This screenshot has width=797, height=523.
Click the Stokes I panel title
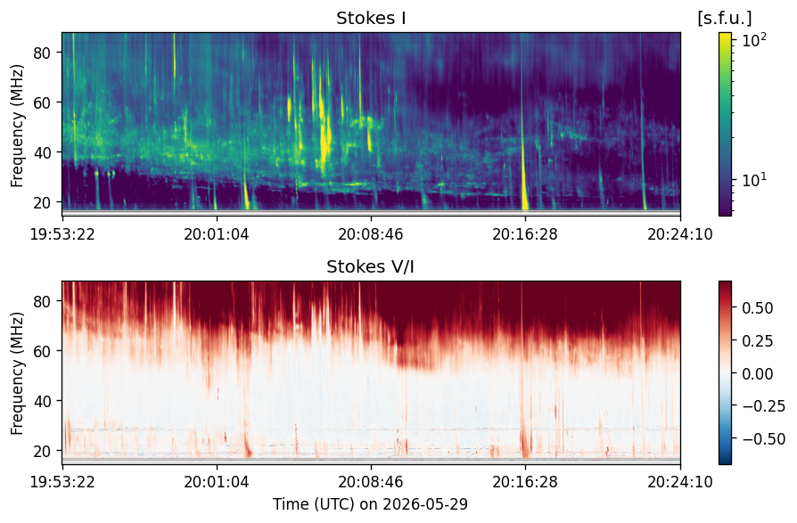tap(371, 19)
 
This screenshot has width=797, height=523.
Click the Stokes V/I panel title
tap(371, 266)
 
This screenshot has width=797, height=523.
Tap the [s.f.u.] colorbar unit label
tap(725, 19)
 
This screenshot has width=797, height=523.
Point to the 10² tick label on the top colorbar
tap(754, 40)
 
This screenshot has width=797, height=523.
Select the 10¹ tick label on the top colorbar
tap(754, 180)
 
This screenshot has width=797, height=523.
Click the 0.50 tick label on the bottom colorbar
tap(758, 308)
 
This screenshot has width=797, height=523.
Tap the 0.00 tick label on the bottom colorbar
tap(758, 373)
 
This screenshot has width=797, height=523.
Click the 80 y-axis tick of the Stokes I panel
tap(42, 53)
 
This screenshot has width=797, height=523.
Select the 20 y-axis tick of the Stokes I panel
tap(42, 202)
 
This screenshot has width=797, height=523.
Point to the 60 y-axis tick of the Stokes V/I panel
tap(42, 351)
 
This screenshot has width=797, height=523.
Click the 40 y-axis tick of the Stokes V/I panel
tap(42, 401)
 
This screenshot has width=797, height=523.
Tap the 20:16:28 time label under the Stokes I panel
tap(524, 234)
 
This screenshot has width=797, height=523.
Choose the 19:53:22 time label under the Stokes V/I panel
tap(62, 481)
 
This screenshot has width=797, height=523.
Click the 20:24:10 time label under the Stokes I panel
tap(679, 234)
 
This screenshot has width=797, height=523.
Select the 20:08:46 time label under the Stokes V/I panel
tap(371, 481)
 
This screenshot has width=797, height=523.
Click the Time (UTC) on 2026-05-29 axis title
tap(371, 504)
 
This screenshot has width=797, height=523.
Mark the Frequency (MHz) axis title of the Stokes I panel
tap(17, 126)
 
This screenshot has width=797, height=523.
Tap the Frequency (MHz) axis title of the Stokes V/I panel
tap(17, 373)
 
